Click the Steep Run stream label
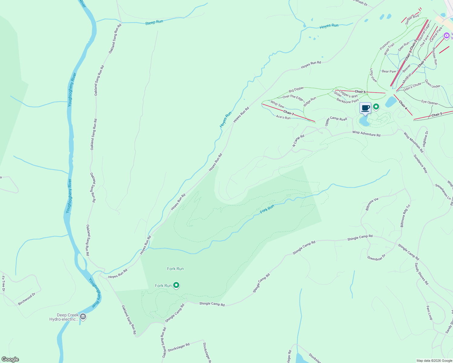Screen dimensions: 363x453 tap(154, 22)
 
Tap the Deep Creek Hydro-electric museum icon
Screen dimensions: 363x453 tap(83, 317)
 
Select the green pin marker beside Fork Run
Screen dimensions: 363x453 tap(176, 285)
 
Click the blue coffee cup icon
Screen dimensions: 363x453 tap(365, 108)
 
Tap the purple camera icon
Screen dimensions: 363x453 tap(446, 36)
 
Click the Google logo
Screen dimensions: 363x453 tap(10, 359)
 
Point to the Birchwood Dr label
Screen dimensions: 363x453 tap(27, 299)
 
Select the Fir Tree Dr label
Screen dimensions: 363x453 tap(3, 283)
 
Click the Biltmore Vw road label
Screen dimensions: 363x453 tap(372, 204)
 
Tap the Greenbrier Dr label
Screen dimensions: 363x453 tap(376, 257)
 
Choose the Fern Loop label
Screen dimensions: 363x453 tap(429, 313)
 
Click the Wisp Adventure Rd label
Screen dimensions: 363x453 tap(366, 133)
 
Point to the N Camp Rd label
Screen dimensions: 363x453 tap(298, 141)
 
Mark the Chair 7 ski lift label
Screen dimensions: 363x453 tap(289, 113)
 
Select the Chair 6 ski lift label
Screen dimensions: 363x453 tap(360, 92)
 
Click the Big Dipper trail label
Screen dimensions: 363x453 tap(296, 90)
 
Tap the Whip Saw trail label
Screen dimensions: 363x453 tap(277, 104)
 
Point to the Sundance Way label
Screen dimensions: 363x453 tap(421, 164)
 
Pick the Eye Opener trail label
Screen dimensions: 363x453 tap(429, 103)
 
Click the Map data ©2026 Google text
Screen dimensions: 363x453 tap(434, 361)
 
